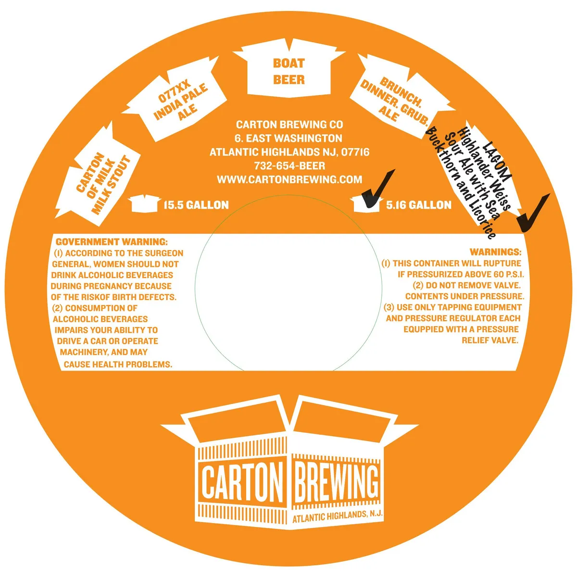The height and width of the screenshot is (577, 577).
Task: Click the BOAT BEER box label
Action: click(289, 71)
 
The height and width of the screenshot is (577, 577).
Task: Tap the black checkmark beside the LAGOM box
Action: click(533, 213)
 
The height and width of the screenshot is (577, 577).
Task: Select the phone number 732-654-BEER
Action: click(289, 165)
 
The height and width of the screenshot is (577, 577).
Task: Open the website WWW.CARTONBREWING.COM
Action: click(289, 179)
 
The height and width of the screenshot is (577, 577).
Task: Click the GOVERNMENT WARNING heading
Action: click(112, 242)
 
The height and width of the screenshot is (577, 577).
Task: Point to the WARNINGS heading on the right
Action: click(496, 252)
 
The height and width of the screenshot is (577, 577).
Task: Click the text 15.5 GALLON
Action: click(196, 205)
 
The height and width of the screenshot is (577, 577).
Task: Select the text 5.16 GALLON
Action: click(419, 205)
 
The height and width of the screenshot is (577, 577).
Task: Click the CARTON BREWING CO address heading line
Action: click(289, 124)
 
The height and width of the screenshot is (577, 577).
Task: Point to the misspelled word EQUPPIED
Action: click(423, 329)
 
